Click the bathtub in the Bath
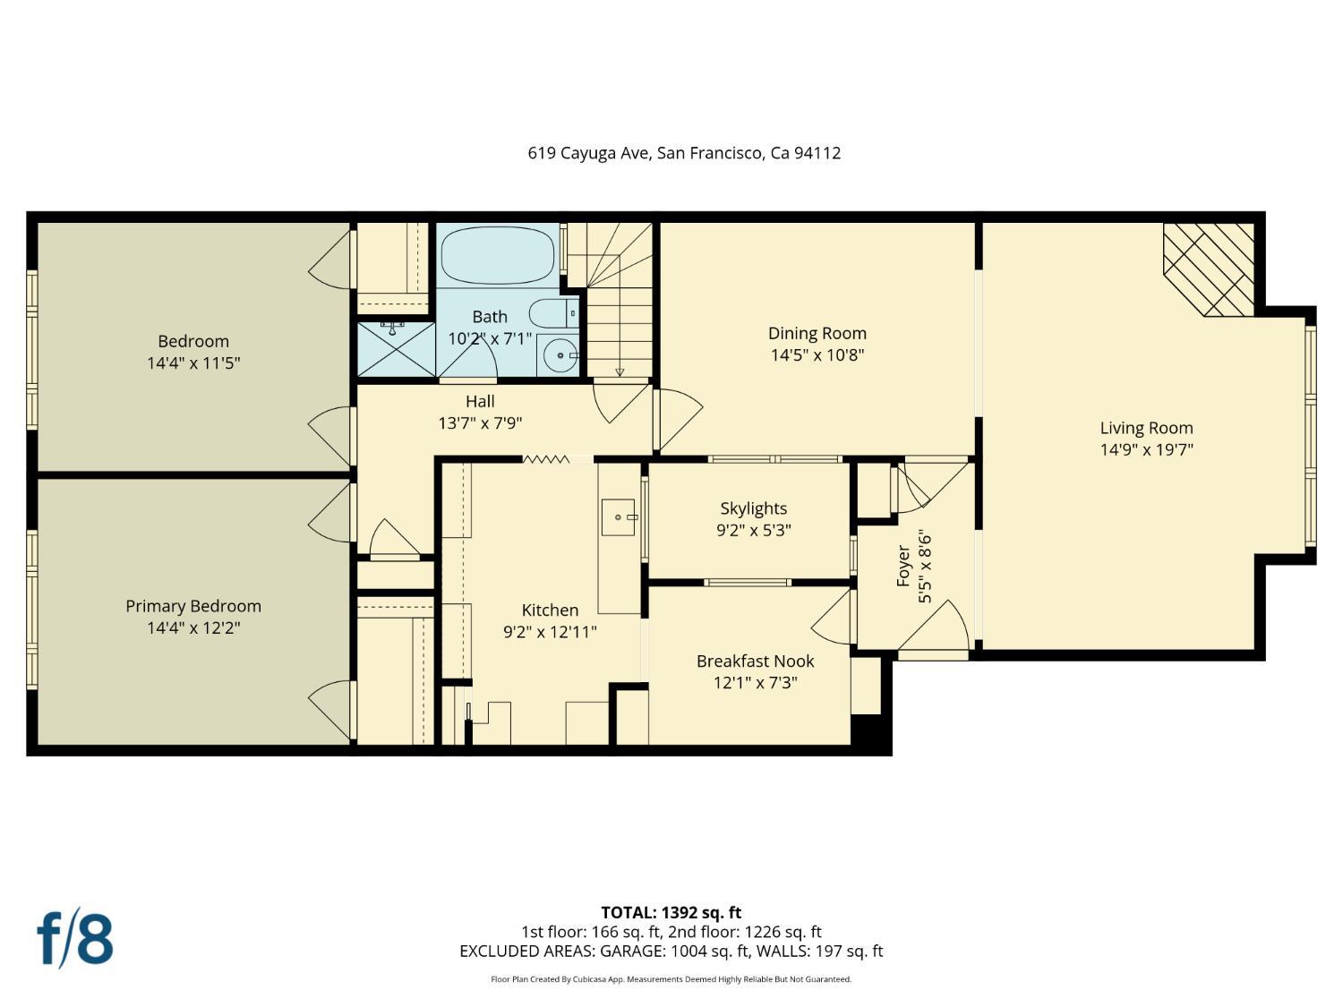(x=498, y=256)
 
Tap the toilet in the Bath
(x=553, y=313)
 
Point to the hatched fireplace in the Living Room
(x=1209, y=269)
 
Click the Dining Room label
(x=817, y=333)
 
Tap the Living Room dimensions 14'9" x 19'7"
(x=1147, y=450)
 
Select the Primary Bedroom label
(x=193, y=606)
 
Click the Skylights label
(x=753, y=508)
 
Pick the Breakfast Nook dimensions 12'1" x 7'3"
(x=755, y=682)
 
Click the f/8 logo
(x=75, y=941)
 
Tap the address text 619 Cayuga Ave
(x=588, y=153)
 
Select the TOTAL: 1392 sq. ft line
(x=671, y=913)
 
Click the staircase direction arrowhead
(x=620, y=371)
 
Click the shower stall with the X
(x=396, y=349)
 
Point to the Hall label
(x=480, y=402)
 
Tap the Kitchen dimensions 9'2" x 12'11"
(x=550, y=632)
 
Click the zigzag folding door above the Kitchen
(x=546, y=458)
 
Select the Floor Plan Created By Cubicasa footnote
(x=671, y=979)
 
